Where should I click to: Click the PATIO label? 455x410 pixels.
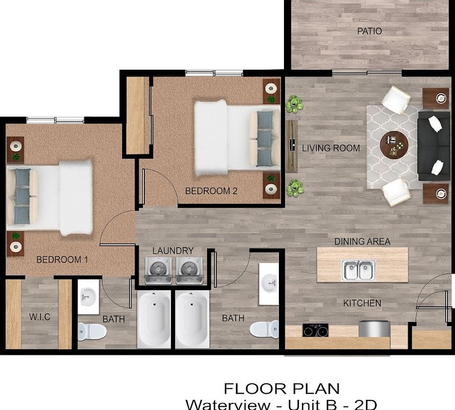pyautogui.click(x=369, y=31)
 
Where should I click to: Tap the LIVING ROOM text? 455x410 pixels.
pyautogui.click(x=331, y=148)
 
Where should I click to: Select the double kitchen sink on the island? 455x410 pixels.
pyautogui.click(x=358, y=270)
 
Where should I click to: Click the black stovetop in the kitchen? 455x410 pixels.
pyautogui.click(x=315, y=330)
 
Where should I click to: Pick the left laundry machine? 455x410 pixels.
pyautogui.click(x=157, y=271)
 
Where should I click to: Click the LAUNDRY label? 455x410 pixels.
pyautogui.click(x=172, y=251)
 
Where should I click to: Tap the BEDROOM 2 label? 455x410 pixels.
pyautogui.click(x=211, y=191)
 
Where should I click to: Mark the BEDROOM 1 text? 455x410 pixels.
pyautogui.click(x=62, y=259)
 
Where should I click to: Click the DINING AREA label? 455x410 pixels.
pyautogui.click(x=362, y=242)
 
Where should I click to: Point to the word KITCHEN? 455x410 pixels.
pyautogui.click(x=362, y=303)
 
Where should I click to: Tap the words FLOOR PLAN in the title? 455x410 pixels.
pyautogui.click(x=281, y=388)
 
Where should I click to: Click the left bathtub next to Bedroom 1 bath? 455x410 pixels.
pyautogui.click(x=154, y=319)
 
